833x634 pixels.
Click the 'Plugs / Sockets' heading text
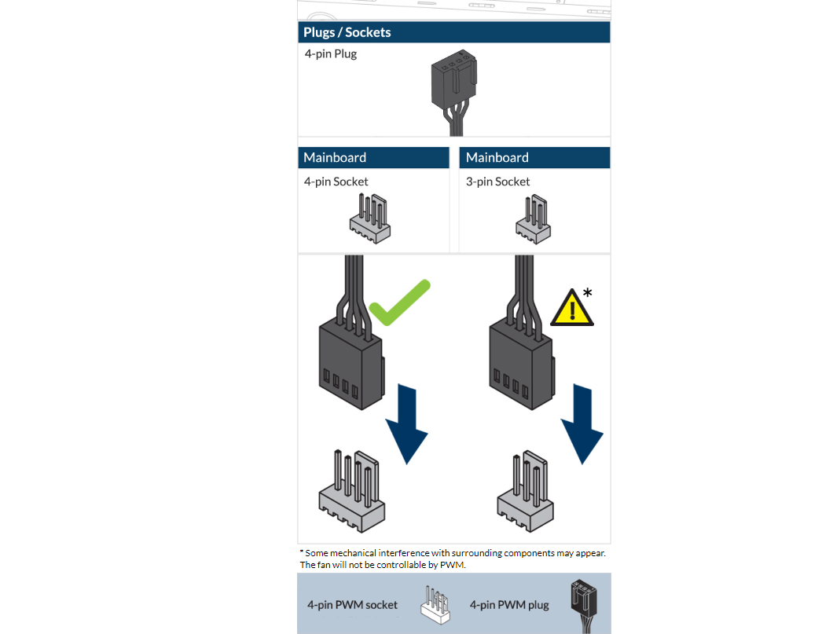(347, 32)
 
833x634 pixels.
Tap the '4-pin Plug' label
(331, 54)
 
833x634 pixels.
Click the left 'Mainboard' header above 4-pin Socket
(335, 157)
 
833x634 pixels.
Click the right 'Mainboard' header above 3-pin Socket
(497, 157)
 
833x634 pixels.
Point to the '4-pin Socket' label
(336, 181)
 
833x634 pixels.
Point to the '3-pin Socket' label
(497, 181)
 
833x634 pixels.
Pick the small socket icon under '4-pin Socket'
(369, 218)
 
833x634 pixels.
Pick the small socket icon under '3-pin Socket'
(533, 218)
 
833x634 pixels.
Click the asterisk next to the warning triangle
(588, 292)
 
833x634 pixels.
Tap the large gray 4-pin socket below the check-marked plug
(351, 491)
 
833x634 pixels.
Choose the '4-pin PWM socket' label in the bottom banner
(352, 605)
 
